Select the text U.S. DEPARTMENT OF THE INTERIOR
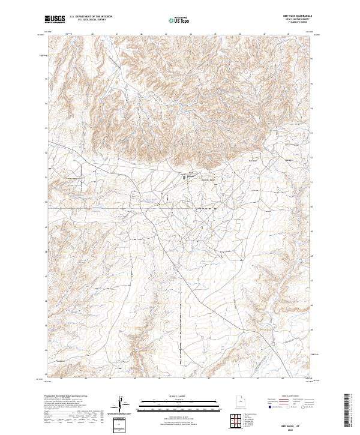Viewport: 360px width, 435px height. click(x=91, y=16)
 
